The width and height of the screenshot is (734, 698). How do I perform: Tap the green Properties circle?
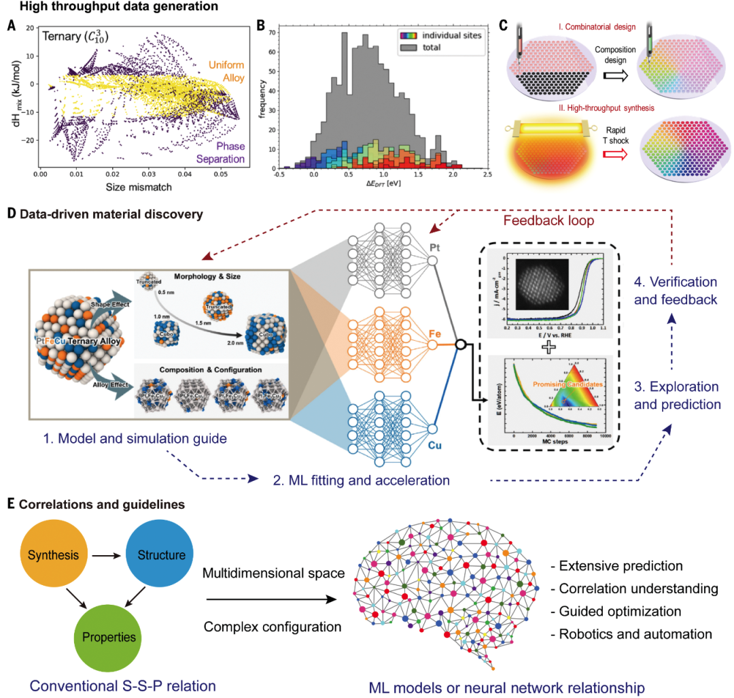tap(109, 637)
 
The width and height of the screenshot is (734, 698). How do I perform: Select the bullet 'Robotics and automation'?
tap(634, 634)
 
